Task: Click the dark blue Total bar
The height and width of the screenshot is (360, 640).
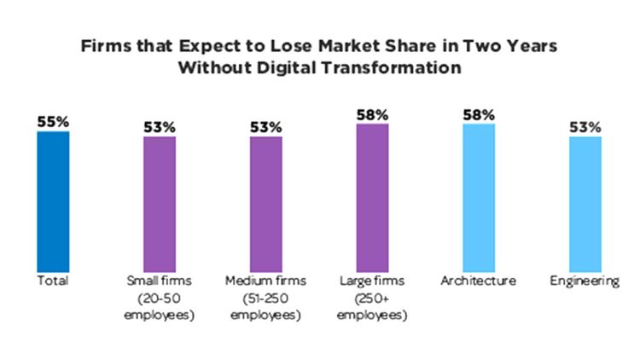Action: tap(53, 201)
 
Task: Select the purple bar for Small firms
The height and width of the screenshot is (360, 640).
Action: tap(159, 204)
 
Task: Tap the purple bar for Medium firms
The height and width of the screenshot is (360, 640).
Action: tap(265, 204)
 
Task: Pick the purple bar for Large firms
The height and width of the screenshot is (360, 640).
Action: tap(372, 198)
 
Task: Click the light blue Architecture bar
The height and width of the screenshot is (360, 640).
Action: tap(479, 198)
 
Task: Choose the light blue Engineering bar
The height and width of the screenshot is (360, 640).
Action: tap(585, 204)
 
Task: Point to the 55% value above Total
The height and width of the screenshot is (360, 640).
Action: tap(53, 121)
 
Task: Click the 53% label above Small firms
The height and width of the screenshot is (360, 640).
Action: tap(159, 127)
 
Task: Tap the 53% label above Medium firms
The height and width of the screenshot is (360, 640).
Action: tap(265, 127)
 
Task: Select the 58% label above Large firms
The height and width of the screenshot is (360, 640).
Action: tap(372, 114)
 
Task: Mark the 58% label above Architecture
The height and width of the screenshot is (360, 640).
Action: tap(479, 114)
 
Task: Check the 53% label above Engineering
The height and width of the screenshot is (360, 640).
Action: tap(585, 127)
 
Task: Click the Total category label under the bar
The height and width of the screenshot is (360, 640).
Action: tap(53, 281)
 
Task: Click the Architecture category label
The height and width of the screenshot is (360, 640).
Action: tap(479, 281)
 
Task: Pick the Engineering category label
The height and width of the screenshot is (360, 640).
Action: tap(585, 281)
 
